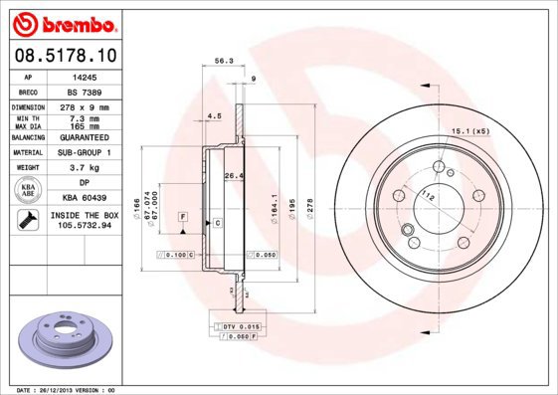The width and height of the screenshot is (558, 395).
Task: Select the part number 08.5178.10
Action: (x=65, y=57)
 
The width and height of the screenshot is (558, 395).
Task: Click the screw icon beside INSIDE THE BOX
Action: (x=28, y=220)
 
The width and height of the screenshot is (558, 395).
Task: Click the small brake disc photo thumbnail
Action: (x=63, y=338)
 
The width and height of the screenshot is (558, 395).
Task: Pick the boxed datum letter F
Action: (x=183, y=216)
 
